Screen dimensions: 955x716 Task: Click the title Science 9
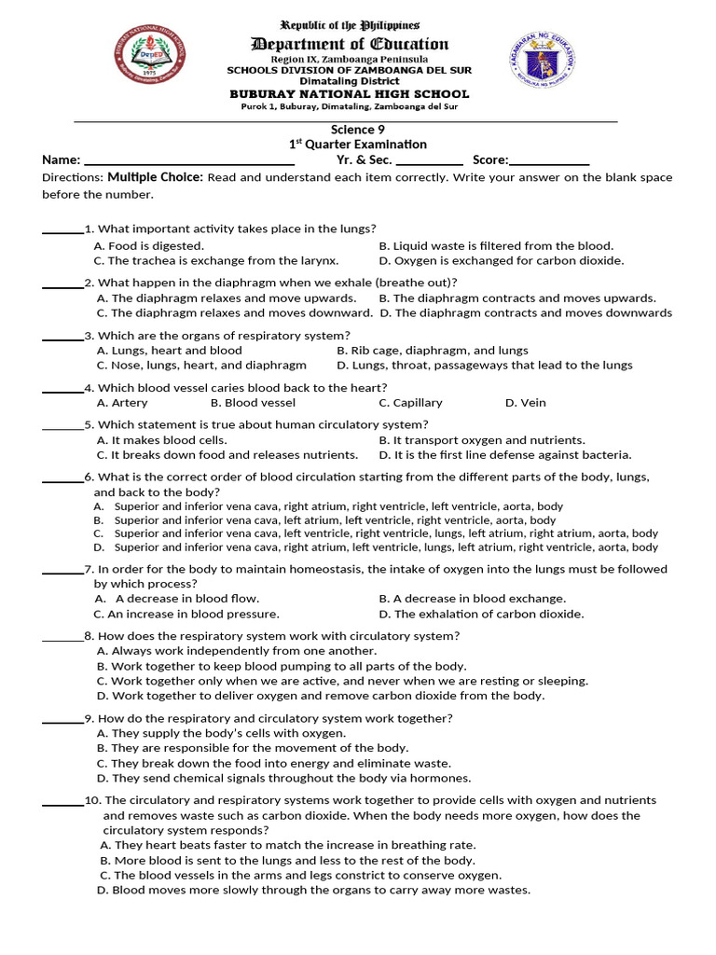point(358,130)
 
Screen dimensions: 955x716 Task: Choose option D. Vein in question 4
point(525,403)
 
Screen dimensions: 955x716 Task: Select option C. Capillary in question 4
point(410,403)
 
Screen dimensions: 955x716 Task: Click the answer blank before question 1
point(62,229)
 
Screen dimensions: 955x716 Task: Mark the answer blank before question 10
point(62,801)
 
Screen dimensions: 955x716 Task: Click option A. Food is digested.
point(149,246)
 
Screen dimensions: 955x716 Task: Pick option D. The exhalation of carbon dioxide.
point(481,614)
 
